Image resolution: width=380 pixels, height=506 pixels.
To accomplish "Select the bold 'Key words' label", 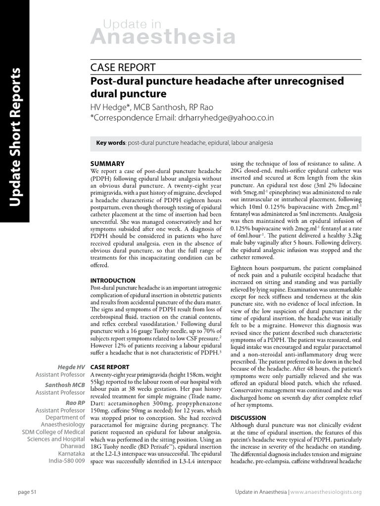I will pos(111,143).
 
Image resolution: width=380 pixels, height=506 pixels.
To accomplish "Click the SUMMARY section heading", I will pos(107,164).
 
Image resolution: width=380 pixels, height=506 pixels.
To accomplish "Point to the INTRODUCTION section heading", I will pos(112,280).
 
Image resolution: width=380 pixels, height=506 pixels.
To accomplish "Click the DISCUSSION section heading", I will pos(248,418).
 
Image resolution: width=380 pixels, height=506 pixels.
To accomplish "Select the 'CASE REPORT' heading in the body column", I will pos(110,367).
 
